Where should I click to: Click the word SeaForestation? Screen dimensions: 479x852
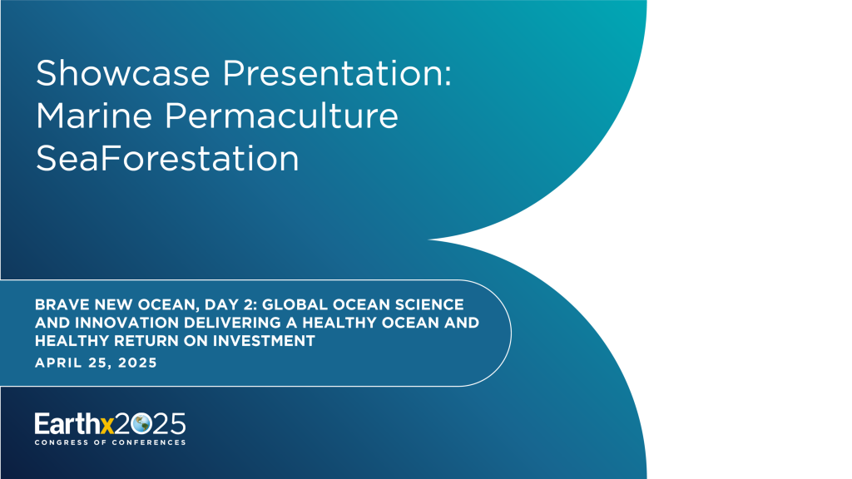167,159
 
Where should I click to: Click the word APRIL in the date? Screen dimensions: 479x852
57,363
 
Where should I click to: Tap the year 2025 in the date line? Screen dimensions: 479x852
136,363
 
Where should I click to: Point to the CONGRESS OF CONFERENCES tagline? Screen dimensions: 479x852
110,442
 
